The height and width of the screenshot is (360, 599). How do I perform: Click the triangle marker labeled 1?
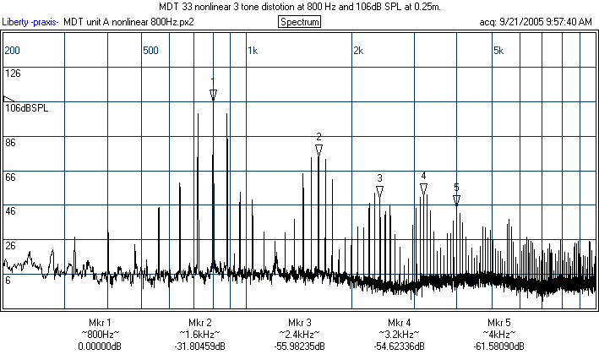(x=213, y=95)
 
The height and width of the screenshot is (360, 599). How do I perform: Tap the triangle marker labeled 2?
(x=319, y=150)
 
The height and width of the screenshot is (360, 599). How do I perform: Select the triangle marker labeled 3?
(x=380, y=192)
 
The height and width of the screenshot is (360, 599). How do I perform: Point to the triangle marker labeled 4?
(x=423, y=189)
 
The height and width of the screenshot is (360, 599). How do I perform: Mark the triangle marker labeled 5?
(x=456, y=200)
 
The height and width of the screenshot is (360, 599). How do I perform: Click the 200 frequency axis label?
(x=12, y=51)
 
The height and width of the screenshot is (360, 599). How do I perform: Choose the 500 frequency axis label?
(x=150, y=51)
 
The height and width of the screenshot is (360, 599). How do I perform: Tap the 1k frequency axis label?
(x=252, y=51)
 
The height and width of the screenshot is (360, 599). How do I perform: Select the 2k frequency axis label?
(x=357, y=51)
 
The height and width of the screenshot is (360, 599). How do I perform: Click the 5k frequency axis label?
(x=498, y=51)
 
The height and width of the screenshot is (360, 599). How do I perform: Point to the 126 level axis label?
(x=13, y=74)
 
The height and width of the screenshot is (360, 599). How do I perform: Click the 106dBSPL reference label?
(x=27, y=108)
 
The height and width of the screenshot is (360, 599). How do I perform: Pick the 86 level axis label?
(x=11, y=143)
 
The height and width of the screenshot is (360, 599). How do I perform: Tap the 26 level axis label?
(x=11, y=246)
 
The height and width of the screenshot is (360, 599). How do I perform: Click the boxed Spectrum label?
(x=299, y=21)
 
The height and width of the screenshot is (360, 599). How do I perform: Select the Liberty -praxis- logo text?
(x=30, y=21)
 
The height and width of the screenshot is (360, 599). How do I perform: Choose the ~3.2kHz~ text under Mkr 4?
(x=400, y=335)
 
